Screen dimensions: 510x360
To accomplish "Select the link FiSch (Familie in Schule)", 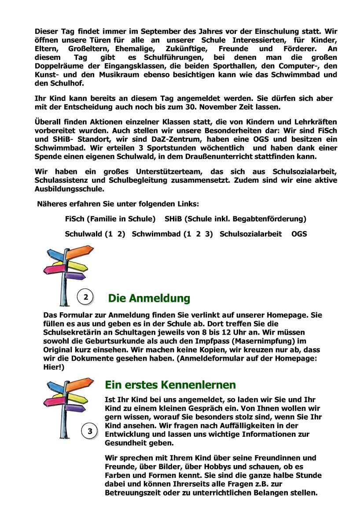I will pos(110,218).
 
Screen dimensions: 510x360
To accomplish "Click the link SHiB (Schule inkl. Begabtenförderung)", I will pos(235,218).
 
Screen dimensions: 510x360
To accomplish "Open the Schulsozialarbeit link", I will pos(250,234).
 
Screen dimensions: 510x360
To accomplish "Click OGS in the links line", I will pos(299,234).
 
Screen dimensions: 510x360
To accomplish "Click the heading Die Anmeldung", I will pos(149,298).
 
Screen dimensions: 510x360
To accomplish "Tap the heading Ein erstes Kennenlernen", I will pos(170,384).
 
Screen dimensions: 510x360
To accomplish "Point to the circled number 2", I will pos(85,297).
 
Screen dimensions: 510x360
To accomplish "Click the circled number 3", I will pos(90,431).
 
